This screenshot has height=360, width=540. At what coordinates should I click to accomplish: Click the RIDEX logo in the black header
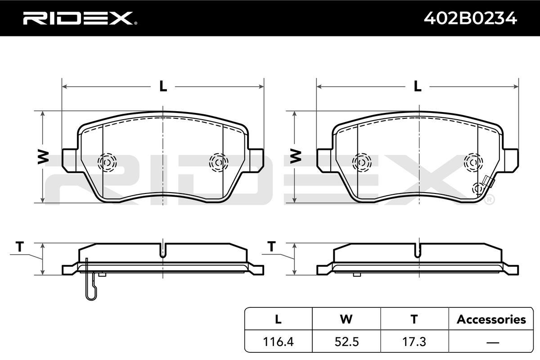point(80,18)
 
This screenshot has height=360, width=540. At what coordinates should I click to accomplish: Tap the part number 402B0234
point(470,18)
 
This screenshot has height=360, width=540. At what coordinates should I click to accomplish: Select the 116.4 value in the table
point(278,342)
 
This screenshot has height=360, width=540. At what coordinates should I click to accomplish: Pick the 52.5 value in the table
point(346,342)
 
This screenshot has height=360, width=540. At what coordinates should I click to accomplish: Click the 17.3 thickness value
point(414,342)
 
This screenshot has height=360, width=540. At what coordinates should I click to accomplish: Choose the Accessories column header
point(491,319)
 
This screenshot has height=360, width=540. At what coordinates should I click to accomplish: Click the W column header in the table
point(346,319)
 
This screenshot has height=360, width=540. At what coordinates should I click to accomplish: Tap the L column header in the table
point(278,319)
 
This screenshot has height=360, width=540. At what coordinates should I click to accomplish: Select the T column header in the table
point(414,319)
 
